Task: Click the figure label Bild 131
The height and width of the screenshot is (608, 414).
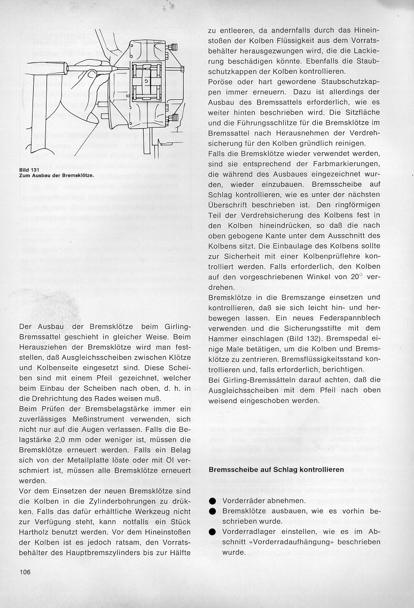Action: click(27, 170)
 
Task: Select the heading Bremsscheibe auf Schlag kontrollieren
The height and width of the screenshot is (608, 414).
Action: click(276, 469)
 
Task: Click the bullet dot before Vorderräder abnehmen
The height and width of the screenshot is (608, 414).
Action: click(212, 501)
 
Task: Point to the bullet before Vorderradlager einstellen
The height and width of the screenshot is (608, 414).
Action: click(212, 532)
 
